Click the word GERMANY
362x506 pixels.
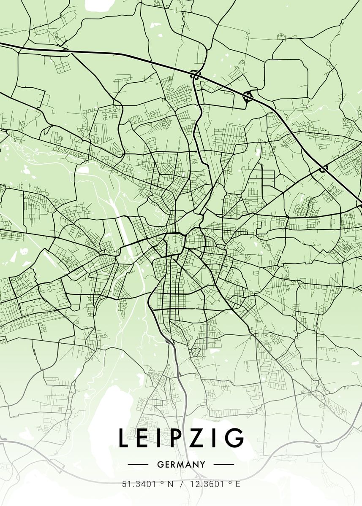pos(181,465)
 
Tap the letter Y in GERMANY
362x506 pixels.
pos(203,465)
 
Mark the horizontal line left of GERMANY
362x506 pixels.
pos(138,465)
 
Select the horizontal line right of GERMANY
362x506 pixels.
pos(224,465)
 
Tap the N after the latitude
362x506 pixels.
pos(170,484)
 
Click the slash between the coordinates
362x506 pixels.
pos(182,484)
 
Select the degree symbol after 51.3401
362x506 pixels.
pos(162,482)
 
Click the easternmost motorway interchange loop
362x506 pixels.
pos(324,170)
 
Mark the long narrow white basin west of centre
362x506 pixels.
pos(125,236)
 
